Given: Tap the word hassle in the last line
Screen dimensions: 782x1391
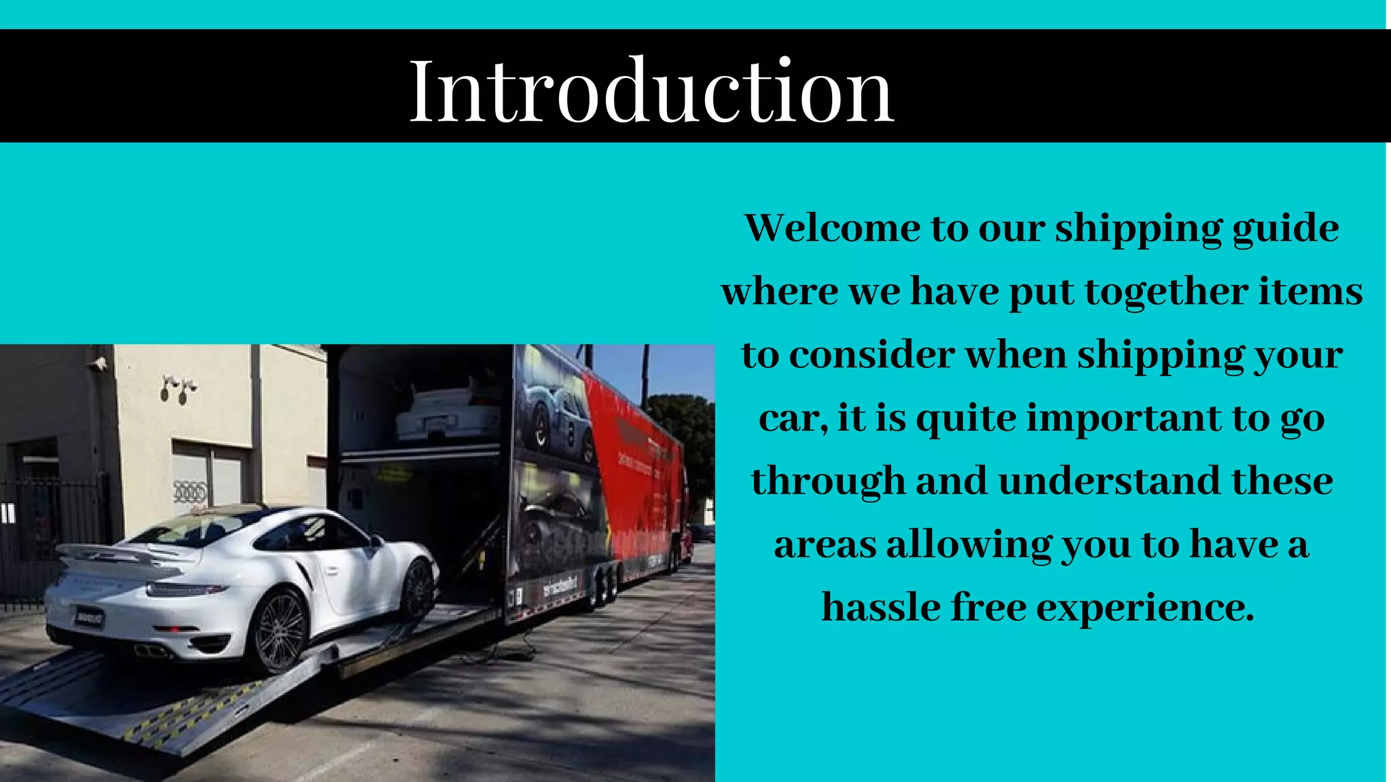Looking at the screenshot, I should click(880, 607).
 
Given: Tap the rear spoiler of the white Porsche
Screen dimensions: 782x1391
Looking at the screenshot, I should click(112, 553).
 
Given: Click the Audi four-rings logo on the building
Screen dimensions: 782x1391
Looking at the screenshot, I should click(189, 491).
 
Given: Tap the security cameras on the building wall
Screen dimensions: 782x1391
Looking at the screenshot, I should click(178, 389).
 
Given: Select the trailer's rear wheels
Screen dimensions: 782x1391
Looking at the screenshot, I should click(604, 586).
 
